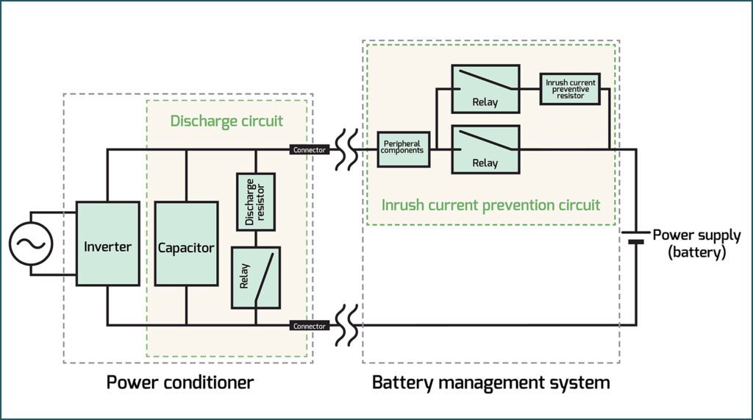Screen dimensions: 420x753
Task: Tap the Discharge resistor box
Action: [256, 202]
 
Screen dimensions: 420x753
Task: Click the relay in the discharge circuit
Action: [256, 277]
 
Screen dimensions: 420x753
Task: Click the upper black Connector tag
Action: [310, 150]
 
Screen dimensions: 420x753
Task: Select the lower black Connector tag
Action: [310, 325]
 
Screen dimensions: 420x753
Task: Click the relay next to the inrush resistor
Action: [485, 88]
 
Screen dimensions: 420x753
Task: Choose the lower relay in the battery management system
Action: [485, 149]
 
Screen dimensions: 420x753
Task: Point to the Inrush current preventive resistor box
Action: [570, 88]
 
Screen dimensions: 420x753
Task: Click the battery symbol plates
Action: [636, 237]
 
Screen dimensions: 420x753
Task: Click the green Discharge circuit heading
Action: [226, 120]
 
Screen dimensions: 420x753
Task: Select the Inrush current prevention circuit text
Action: [490, 204]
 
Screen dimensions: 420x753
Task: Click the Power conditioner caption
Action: [180, 382]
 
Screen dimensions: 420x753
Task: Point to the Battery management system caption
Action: [490, 382]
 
